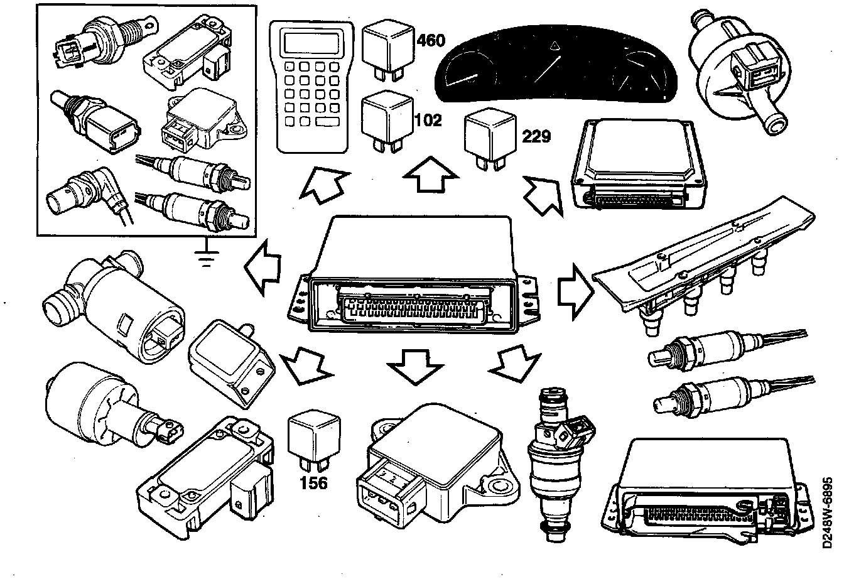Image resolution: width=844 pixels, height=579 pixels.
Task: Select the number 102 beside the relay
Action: pyautogui.click(x=429, y=119)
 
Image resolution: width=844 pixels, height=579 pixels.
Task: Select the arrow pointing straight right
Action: pyautogui.click(x=574, y=292)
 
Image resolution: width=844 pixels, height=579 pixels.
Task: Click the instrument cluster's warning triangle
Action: pyautogui.click(x=556, y=45)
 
